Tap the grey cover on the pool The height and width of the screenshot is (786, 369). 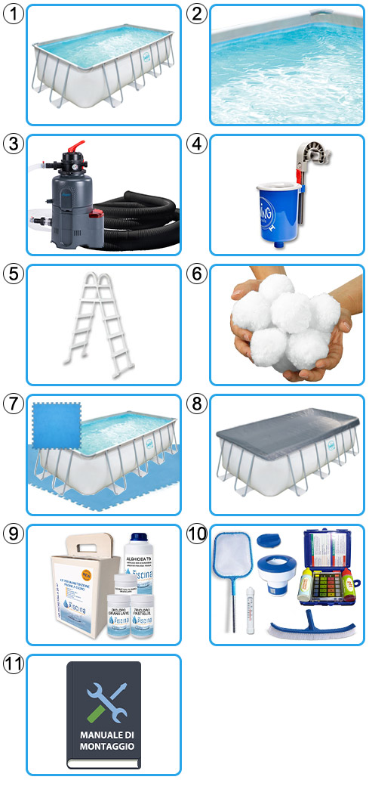pos(287,437)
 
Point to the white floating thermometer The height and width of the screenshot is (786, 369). pos(248,609)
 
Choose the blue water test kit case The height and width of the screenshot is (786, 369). pos(326,567)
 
